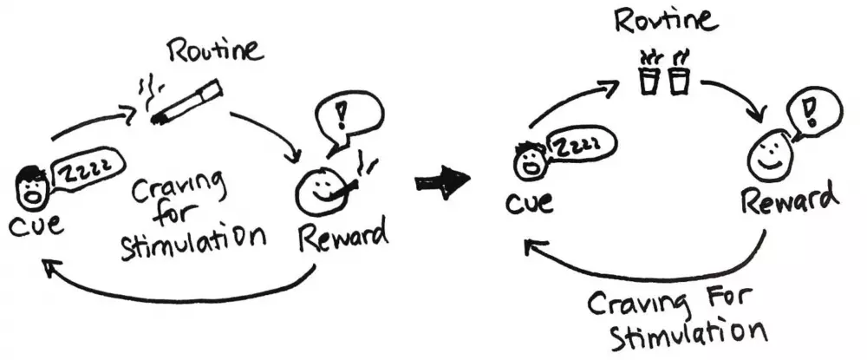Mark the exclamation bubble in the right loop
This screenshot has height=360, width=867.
(x=813, y=110)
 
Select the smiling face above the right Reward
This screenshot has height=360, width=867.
(x=766, y=157)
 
